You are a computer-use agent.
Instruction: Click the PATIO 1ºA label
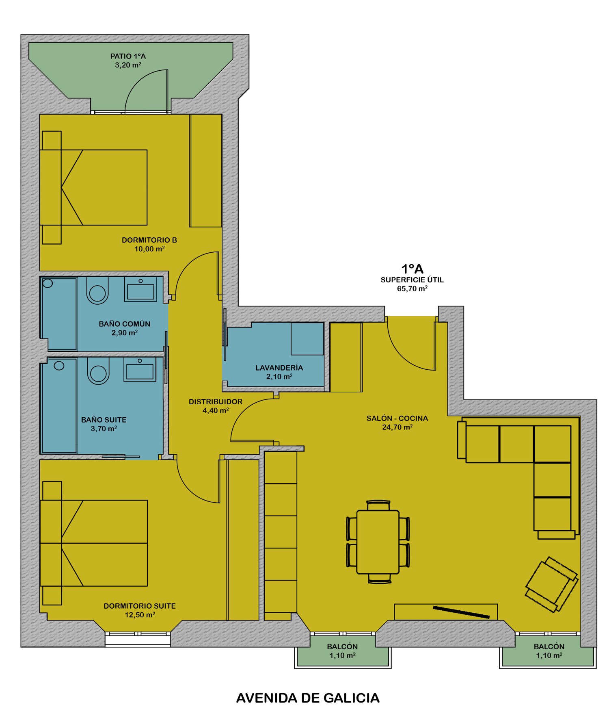pos(128,56)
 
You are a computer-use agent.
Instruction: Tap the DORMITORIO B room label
pos(149,240)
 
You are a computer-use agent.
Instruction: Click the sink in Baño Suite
pos(140,370)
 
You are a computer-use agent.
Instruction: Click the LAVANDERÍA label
pos(279,367)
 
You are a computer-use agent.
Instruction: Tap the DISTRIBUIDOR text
pos(216,401)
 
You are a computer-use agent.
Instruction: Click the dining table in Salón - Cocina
pos(378,542)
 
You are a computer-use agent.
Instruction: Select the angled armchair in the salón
pos(551,584)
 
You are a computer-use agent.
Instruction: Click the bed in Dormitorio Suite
pos(94,543)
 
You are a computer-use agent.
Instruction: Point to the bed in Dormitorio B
pos(93,187)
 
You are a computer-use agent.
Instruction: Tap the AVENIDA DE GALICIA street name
pos(308,698)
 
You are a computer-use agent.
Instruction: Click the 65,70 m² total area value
pos(412,288)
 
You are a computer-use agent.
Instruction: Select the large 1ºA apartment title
pos(412,269)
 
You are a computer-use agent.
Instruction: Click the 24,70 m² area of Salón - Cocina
pos(397,427)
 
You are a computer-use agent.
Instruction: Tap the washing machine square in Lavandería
pos(307,338)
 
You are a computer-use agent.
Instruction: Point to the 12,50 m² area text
pos(140,615)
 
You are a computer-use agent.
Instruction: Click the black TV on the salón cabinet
pos(461,612)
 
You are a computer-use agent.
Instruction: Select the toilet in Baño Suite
pos(98,371)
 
